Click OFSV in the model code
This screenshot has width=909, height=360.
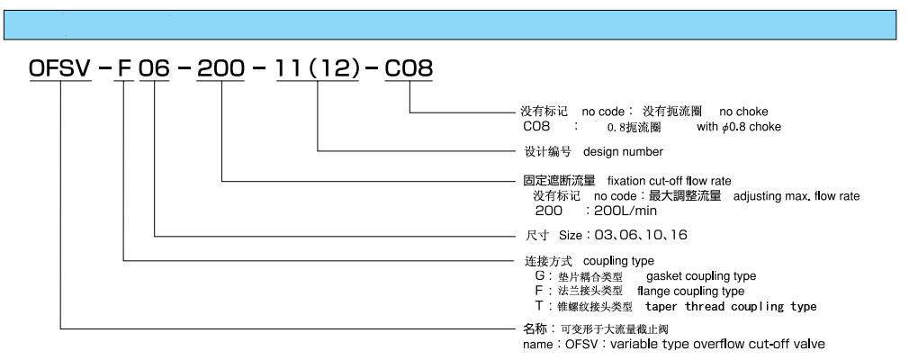coord(60,69)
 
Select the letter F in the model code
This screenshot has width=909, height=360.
coord(124,69)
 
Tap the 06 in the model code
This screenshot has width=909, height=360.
coord(154,69)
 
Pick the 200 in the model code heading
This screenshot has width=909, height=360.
coord(220,69)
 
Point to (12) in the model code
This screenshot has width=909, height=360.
coord(337,69)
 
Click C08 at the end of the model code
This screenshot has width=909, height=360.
coord(409,69)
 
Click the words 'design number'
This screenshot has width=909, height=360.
coord(623,152)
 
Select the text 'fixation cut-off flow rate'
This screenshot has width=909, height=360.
coord(669,181)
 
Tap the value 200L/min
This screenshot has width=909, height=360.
coord(625,211)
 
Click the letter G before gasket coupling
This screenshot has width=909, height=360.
coord(539,276)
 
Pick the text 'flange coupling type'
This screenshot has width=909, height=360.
coord(690,291)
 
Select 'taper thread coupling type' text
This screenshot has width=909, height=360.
coord(731,306)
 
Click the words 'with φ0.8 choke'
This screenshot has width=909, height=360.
coord(739,127)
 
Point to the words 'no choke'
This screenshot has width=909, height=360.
coord(743,112)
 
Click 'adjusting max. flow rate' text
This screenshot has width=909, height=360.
coord(796,196)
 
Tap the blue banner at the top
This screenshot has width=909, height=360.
coord(450,25)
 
